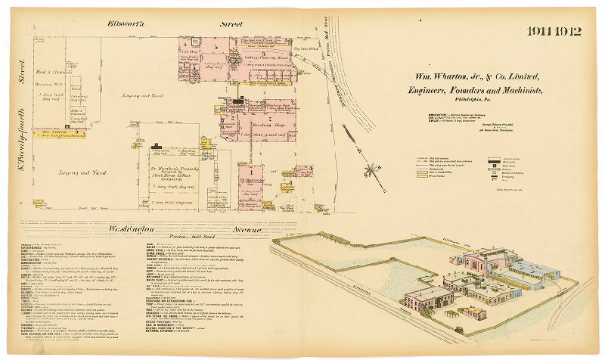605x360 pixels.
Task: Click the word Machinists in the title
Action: [517, 91]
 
